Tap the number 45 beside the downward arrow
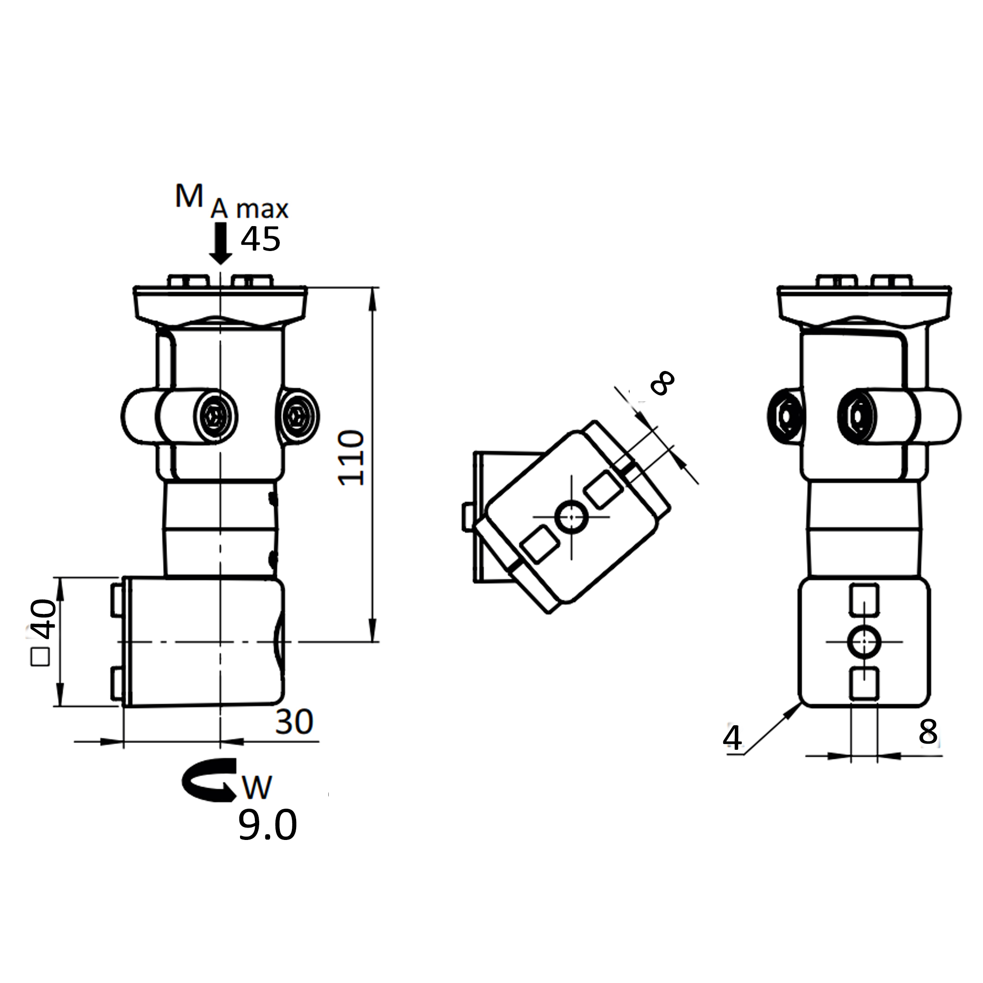coord(261,239)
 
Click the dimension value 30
coord(294,721)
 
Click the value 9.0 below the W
coord(268,825)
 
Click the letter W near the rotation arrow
coord(257,788)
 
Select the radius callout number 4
coord(732,737)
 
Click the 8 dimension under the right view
coord(928,731)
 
